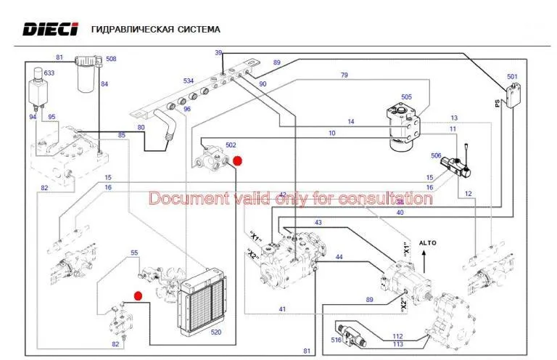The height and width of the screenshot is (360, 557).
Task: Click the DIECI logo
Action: click(x=51, y=29)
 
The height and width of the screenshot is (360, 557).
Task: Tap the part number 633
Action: click(x=49, y=73)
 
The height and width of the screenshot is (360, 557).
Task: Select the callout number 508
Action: click(x=111, y=59)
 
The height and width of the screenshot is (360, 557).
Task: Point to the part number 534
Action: click(x=189, y=81)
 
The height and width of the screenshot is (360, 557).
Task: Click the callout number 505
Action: click(x=406, y=97)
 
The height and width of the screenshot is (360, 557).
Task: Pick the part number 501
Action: click(x=512, y=76)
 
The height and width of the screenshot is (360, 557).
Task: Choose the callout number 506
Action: click(x=436, y=155)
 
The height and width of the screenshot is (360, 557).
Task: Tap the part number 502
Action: click(x=231, y=145)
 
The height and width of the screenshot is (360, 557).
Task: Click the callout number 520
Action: click(x=216, y=332)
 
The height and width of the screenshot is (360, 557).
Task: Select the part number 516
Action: click(x=336, y=340)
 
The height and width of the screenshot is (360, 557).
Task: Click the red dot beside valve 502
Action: click(x=237, y=161)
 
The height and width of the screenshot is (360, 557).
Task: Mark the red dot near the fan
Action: click(x=138, y=295)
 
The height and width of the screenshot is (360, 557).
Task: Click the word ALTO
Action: click(x=428, y=243)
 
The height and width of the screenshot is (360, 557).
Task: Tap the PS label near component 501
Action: click(x=498, y=103)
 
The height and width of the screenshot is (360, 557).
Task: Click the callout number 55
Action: click(x=134, y=253)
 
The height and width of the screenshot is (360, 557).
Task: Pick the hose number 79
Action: click(x=344, y=75)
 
